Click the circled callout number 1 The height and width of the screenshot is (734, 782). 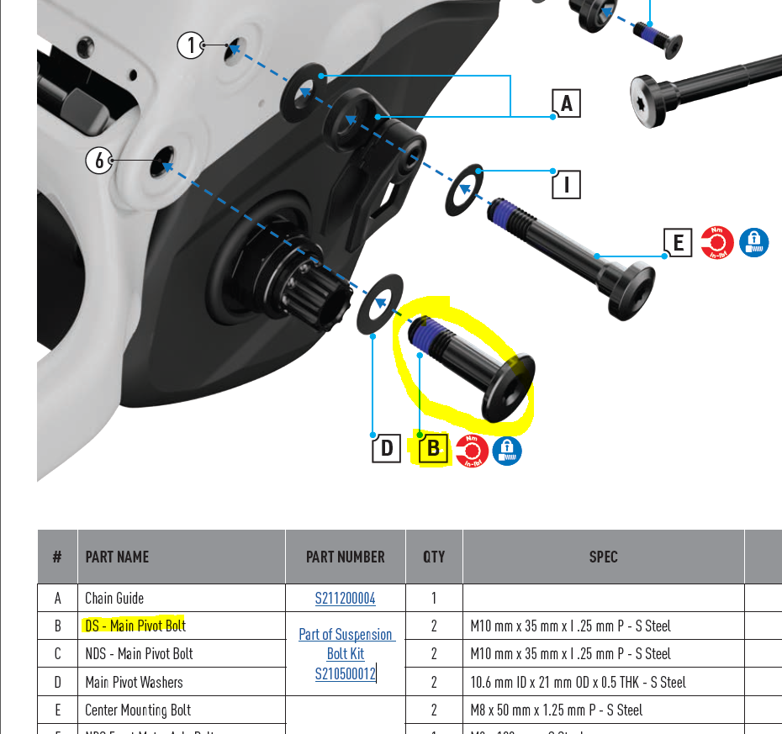(192, 45)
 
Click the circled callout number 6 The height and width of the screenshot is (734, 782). (100, 160)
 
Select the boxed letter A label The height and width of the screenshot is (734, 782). (566, 103)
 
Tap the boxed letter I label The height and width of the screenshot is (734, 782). (566, 183)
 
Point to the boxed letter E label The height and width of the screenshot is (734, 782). (678, 243)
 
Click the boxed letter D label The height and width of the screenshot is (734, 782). (387, 448)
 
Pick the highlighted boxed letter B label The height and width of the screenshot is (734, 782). (433, 448)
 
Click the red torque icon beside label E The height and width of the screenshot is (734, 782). (717, 243)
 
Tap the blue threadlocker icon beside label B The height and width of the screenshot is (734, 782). (506, 451)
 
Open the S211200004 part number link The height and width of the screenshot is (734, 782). (345, 599)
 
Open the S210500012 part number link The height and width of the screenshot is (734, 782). (345, 673)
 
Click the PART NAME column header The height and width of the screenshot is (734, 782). (117, 557)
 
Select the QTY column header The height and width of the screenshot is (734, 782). (434, 557)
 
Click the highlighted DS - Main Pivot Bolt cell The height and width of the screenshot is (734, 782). (135, 626)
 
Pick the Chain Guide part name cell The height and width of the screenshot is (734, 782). (114, 599)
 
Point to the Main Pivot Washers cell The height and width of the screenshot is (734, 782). (134, 682)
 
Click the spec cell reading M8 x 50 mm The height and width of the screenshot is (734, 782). (557, 710)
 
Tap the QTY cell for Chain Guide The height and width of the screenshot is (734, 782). (434, 599)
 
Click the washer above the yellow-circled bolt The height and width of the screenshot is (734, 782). (381, 303)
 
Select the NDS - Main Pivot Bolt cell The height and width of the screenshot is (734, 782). (139, 653)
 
